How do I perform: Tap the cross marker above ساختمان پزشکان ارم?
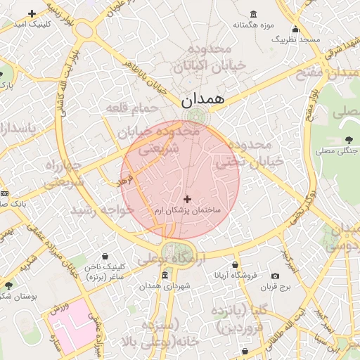pyautogui.click(x=187, y=200)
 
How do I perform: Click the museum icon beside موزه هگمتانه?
pyautogui.click(x=252, y=15)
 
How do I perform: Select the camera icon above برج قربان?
pyautogui.click(x=275, y=276)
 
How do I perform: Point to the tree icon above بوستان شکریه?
pyautogui.click(x=8, y=285)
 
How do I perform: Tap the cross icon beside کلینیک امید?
pyautogui.click(x=32, y=13)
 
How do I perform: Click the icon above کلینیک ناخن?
pyautogui.click(x=105, y=256)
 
